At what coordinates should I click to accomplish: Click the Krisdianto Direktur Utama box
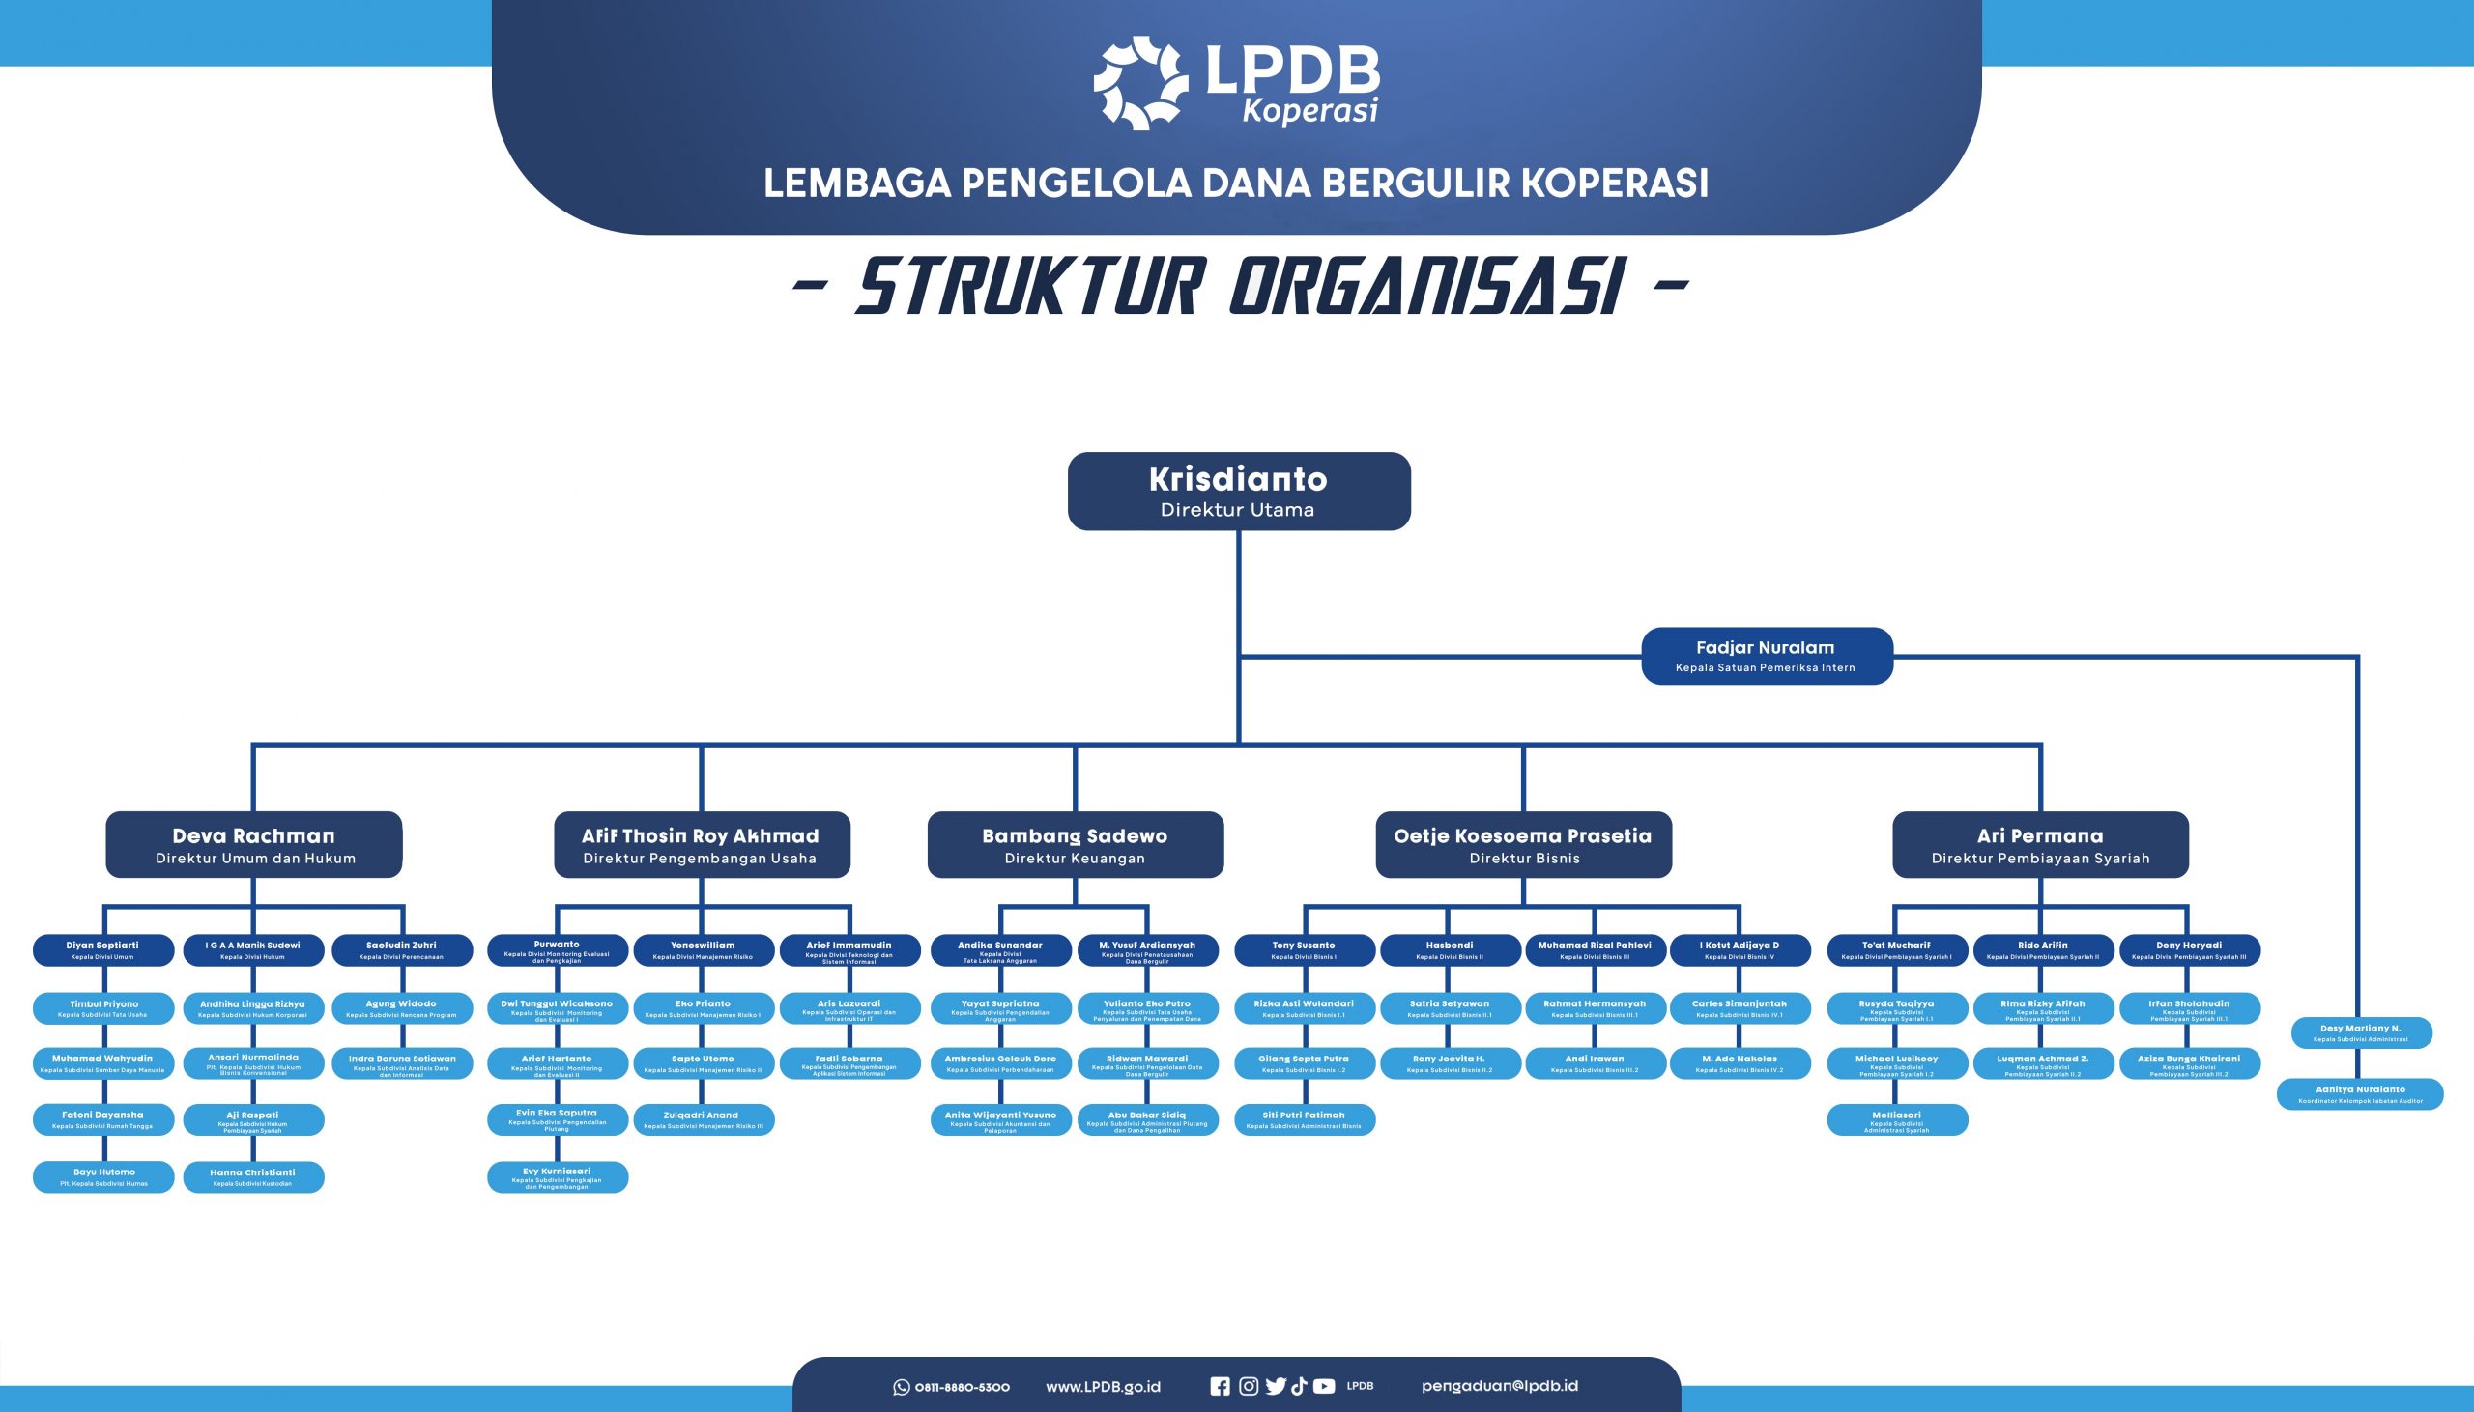pos(1238,491)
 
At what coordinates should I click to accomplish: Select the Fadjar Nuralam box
pos(1766,656)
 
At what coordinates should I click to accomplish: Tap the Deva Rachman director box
pos(254,845)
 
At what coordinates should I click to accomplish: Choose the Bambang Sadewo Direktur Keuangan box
pos(1075,845)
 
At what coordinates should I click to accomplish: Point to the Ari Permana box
pos(2040,845)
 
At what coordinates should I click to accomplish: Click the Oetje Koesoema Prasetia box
pos(1523,845)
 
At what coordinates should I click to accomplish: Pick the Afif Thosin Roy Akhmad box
pos(702,845)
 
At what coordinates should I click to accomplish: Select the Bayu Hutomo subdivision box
pos(103,1176)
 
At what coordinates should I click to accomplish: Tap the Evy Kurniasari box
pos(557,1176)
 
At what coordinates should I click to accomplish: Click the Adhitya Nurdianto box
pos(2360,1094)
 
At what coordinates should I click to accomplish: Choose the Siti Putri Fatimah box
pos(1304,1119)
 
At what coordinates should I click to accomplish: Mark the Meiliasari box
pos(1897,1120)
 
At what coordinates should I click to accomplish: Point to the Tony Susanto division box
pos(1304,949)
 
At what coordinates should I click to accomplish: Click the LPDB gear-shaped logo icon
pos(1140,83)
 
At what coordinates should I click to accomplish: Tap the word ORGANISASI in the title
pos(1426,287)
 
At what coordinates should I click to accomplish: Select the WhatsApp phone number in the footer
pos(961,1387)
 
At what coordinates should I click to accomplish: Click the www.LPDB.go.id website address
pos(1103,1387)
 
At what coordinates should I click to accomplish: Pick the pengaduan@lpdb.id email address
pos(1499,1386)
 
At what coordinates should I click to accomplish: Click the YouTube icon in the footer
pos(1324,1387)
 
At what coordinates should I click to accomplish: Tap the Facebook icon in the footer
pos(1220,1387)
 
